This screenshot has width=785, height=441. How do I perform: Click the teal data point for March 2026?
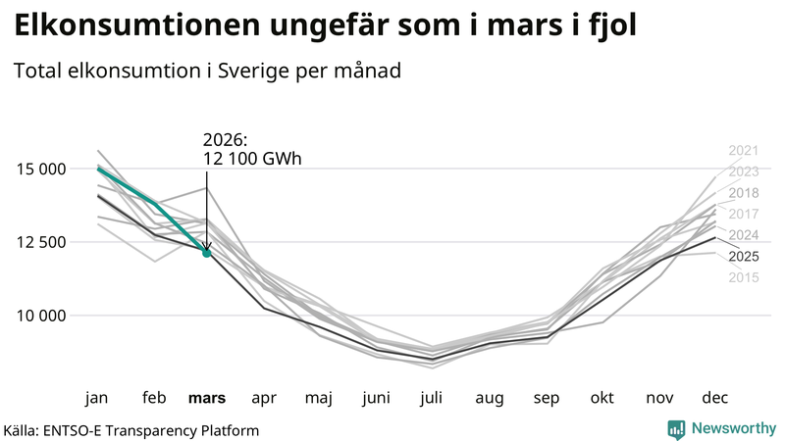pos(207,253)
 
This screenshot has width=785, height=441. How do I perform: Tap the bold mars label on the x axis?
pos(207,398)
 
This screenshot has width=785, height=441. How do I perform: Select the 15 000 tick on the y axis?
pos(40,169)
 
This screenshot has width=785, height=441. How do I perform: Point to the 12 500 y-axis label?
pos(40,242)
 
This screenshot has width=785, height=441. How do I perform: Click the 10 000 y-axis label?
pos(40,316)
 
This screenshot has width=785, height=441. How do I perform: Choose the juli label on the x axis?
pos(432,398)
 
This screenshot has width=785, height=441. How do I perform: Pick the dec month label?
pos(715,398)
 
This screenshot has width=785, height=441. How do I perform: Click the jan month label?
pos(96,398)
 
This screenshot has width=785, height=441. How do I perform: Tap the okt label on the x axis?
pos(602,398)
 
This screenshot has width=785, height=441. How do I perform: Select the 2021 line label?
pos(744,151)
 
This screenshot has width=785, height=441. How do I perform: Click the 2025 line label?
pos(744,257)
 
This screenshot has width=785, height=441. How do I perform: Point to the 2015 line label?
pos(744,278)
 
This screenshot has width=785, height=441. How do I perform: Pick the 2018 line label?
pos(744,193)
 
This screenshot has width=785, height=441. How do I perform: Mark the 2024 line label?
pos(744,235)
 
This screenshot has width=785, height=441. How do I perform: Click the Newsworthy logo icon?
pos(676,428)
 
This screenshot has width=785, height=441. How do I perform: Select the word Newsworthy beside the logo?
pos(733,428)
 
